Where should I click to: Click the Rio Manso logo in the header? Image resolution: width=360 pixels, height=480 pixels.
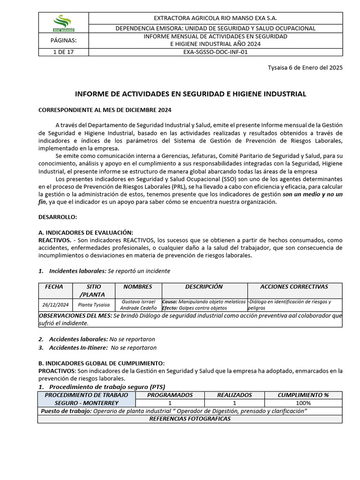click(x=63, y=22)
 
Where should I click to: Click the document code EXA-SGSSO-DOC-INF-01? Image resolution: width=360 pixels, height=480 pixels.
click(x=215, y=52)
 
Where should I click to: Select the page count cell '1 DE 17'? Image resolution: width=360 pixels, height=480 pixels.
click(x=63, y=52)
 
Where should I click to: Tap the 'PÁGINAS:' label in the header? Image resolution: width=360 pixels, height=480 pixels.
click(x=63, y=40)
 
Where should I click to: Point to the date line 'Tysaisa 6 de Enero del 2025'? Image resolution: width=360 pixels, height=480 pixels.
click(x=305, y=67)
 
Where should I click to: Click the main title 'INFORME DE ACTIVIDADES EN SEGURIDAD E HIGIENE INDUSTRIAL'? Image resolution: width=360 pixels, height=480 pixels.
click(x=190, y=94)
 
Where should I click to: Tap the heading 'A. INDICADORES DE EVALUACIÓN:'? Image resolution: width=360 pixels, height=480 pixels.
click(x=85, y=233)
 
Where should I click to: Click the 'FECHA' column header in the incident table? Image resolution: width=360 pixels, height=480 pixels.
click(x=54, y=287)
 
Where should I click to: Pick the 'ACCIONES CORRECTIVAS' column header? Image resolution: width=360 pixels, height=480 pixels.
click(x=294, y=287)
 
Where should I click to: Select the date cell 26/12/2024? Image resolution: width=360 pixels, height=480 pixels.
click(x=55, y=305)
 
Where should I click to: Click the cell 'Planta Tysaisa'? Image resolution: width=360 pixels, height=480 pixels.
click(x=94, y=305)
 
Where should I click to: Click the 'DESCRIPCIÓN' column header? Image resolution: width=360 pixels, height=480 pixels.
click(x=204, y=287)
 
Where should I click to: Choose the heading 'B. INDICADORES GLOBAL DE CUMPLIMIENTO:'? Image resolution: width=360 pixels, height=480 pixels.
click(x=101, y=363)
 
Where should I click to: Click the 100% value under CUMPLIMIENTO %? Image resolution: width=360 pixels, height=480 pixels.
click(x=303, y=403)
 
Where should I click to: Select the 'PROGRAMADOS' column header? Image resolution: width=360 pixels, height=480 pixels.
click(x=170, y=395)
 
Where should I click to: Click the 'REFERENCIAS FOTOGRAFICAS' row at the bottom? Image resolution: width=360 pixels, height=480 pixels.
click(x=190, y=419)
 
